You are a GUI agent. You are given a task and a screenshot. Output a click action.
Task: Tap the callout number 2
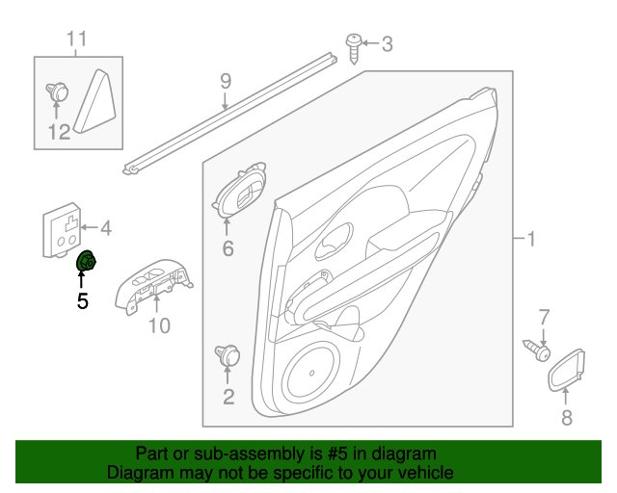click(228, 395)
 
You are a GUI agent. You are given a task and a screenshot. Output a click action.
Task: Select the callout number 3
click(387, 43)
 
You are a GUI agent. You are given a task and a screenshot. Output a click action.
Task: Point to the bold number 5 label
click(82, 301)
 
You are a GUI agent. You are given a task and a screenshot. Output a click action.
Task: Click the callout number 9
click(226, 80)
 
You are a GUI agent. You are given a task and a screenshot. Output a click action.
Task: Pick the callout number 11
click(76, 39)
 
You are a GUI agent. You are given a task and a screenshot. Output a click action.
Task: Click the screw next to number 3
click(354, 46)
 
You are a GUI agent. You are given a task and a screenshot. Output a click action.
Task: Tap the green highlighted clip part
click(86, 262)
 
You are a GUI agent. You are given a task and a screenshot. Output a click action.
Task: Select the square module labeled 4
click(63, 232)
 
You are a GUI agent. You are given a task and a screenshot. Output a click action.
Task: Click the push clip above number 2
click(228, 355)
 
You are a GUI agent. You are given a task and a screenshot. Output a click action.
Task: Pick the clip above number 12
click(58, 93)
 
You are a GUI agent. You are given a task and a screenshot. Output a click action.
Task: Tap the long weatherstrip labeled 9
click(231, 114)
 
